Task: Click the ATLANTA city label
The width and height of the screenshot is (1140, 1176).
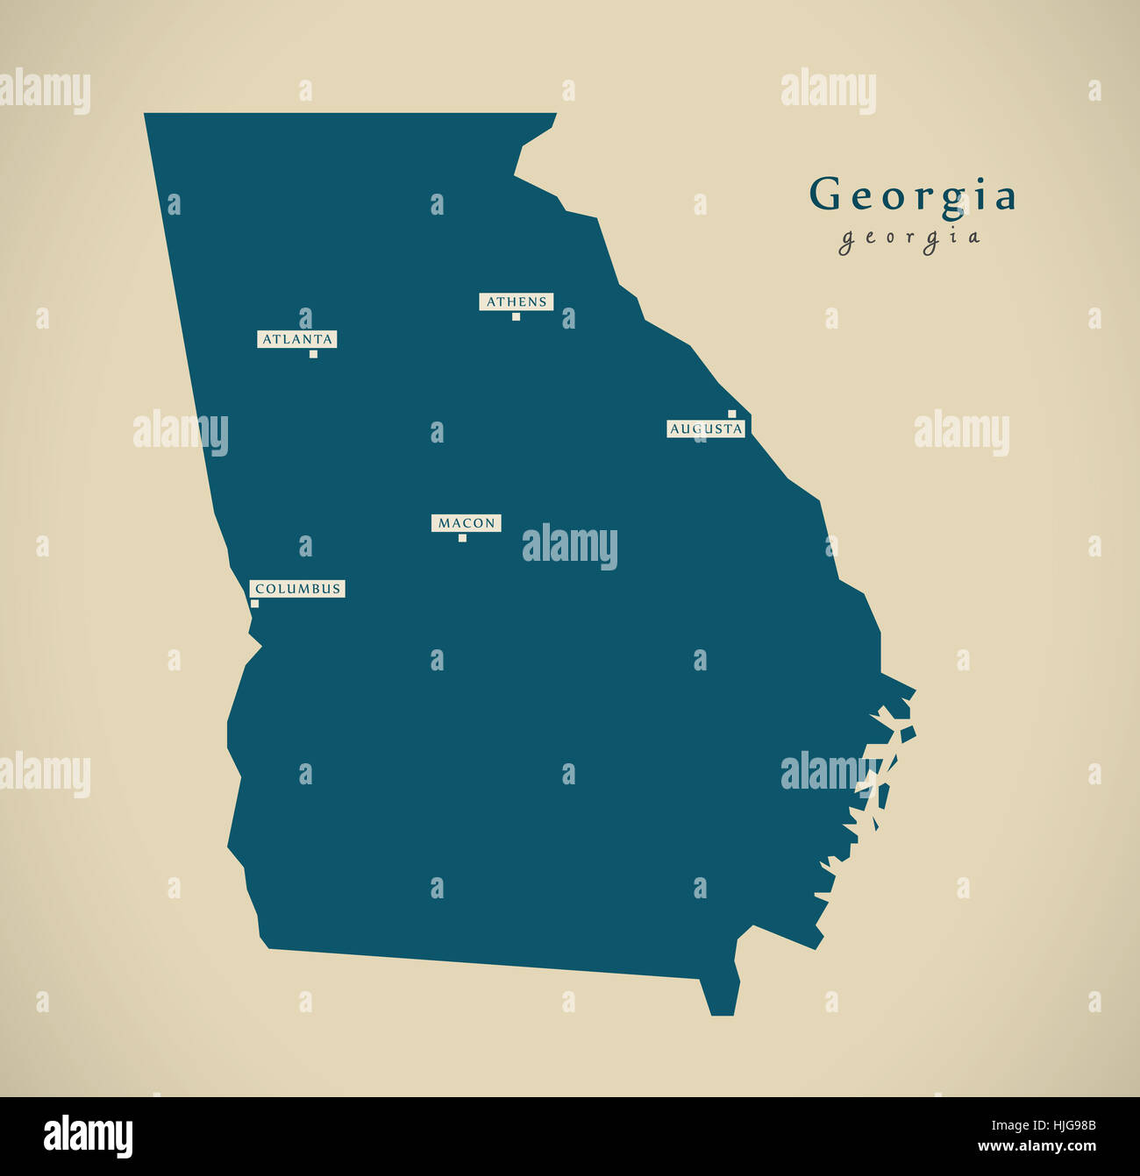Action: pyautogui.click(x=297, y=339)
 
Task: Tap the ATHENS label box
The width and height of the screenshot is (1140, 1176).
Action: pyautogui.click(x=517, y=301)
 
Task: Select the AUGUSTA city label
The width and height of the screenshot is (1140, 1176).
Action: pyautogui.click(x=706, y=429)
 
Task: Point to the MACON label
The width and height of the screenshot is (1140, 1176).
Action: pyautogui.click(x=467, y=523)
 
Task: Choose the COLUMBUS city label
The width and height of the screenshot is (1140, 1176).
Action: pyautogui.click(x=297, y=589)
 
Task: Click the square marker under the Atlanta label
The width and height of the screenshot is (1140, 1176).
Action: pyautogui.click(x=313, y=354)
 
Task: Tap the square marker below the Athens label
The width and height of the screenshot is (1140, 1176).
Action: pyautogui.click(x=516, y=316)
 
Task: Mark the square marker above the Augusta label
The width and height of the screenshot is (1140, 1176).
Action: pyautogui.click(x=731, y=414)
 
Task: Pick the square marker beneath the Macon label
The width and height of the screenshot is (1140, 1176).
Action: pyautogui.click(x=462, y=538)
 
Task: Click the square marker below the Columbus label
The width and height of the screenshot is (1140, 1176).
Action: pyautogui.click(x=254, y=603)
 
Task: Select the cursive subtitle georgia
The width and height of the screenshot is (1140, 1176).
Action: pyautogui.click(x=909, y=237)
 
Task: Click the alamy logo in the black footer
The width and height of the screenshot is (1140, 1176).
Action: pyautogui.click(x=88, y=1136)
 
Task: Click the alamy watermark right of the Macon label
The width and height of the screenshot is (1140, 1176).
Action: pyautogui.click(x=570, y=546)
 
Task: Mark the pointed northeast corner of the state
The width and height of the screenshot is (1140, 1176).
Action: pyautogui.click(x=554, y=115)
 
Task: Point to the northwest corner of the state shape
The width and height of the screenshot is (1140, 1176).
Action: pyautogui.click(x=146, y=116)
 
